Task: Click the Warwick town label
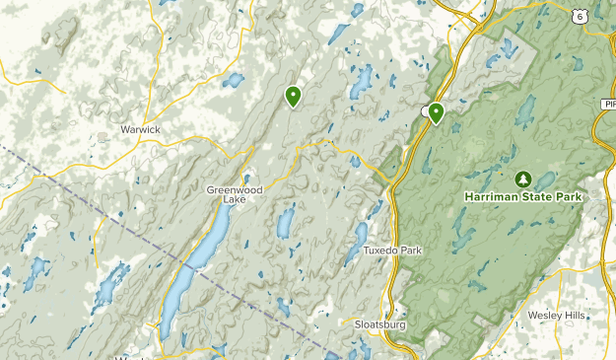pyautogui.click(x=140, y=129)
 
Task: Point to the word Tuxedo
pyautogui.click(x=378, y=251)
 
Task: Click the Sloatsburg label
pyautogui.click(x=379, y=324)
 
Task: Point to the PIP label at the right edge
pyautogui.click(x=607, y=103)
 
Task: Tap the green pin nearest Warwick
pyautogui.click(x=293, y=96)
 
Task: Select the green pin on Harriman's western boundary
pyautogui.click(x=435, y=113)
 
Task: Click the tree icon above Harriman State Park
pyautogui.click(x=522, y=179)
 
